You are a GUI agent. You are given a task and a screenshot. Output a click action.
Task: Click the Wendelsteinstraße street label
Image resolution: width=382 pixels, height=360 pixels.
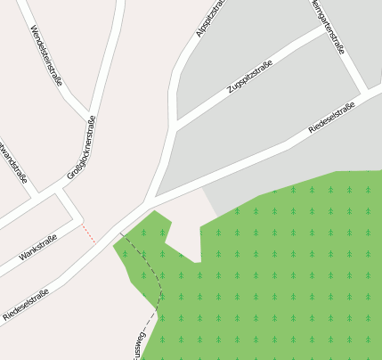click(x=46, y=55)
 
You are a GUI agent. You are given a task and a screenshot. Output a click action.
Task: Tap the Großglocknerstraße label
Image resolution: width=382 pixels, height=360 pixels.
click(x=81, y=148)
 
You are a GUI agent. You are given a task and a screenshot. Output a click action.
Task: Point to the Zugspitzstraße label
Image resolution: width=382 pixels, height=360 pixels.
click(x=250, y=78)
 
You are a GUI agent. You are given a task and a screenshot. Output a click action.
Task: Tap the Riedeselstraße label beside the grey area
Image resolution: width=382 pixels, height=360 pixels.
click(x=330, y=119)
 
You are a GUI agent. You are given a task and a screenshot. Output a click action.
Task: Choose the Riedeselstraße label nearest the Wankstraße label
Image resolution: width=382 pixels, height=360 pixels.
click(x=26, y=303)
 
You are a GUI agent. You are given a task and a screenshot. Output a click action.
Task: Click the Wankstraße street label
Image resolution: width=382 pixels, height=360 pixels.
click(x=38, y=248)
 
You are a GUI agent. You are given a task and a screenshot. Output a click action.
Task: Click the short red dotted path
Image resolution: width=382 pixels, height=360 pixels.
click(x=87, y=233)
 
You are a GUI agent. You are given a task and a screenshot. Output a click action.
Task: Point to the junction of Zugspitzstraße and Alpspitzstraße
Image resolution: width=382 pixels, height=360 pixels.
click(x=177, y=124)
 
